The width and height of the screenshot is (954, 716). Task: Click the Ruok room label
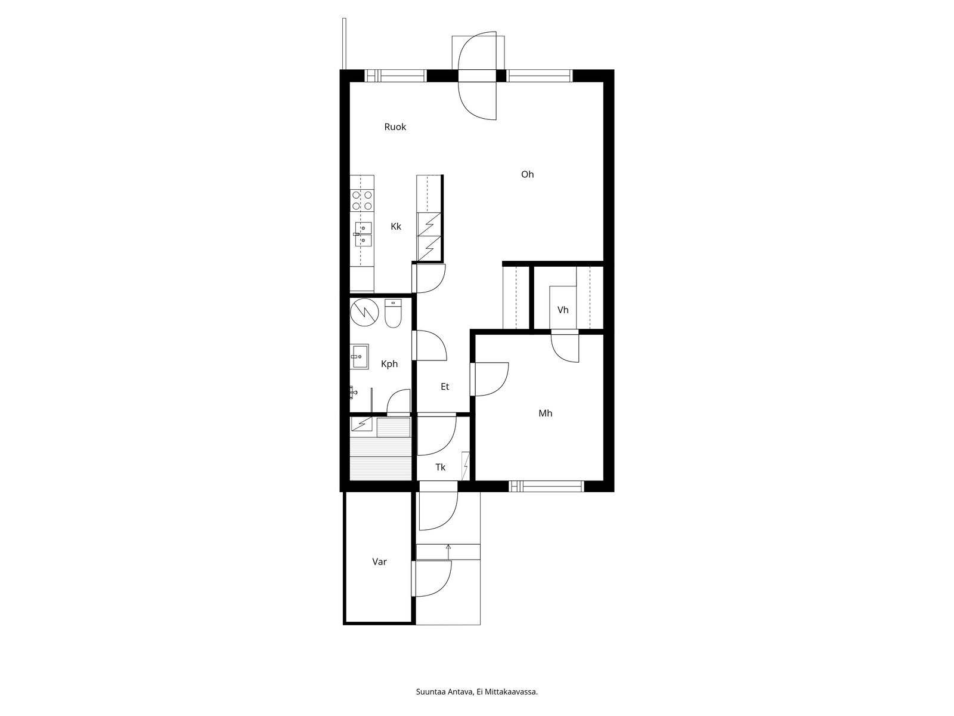[395, 127]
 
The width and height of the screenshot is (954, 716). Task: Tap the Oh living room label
[527, 174]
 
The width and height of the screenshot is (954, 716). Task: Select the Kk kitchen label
[396, 227]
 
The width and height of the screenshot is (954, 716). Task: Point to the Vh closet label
[563, 310]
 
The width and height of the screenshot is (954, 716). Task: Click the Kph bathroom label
[389, 364]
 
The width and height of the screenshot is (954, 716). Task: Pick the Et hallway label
[445, 387]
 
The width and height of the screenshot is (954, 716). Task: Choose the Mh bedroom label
[546, 413]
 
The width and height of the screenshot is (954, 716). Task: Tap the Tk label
[440, 467]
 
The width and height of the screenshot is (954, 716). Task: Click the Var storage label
[379, 561]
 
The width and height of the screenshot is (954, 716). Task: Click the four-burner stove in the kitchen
[362, 200]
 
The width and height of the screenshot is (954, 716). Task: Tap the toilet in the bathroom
[393, 313]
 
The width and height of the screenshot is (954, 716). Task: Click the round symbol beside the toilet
[364, 312]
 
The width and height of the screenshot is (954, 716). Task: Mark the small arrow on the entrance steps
[448, 552]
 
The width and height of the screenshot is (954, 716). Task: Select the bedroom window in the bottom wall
[546, 486]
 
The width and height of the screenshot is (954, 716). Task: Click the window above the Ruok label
[395, 76]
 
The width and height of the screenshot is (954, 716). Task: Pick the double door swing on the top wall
[477, 76]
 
